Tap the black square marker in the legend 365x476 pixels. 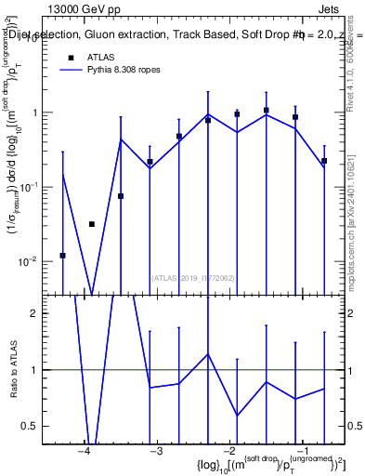70,57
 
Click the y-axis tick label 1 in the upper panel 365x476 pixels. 42,113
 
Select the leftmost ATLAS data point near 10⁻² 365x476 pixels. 62,255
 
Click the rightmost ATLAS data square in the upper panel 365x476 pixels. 324,161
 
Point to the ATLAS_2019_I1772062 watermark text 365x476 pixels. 193,276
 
